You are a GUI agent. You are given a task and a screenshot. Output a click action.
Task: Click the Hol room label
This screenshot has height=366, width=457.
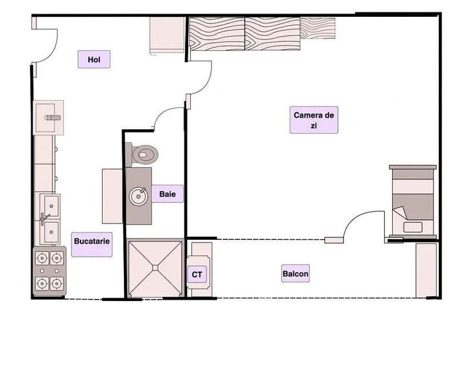point(94,59)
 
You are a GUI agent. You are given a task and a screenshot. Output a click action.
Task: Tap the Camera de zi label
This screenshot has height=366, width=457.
point(314,120)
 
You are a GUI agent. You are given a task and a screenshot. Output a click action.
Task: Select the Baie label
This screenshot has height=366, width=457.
point(167,194)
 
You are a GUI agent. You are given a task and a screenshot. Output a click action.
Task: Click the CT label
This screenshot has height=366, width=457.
point(197,274)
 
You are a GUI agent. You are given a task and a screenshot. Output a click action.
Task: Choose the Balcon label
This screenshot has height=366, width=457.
point(295,274)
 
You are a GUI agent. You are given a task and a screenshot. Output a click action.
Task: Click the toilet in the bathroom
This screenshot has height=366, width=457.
point(142,155)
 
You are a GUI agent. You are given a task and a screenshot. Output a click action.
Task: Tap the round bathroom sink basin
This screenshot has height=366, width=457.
point(138,196)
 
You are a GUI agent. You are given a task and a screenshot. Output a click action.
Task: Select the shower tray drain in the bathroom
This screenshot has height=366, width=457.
point(155,268)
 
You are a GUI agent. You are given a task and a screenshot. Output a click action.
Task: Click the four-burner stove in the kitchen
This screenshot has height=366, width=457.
point(49,271)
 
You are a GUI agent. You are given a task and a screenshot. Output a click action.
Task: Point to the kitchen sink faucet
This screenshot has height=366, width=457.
point(44,218)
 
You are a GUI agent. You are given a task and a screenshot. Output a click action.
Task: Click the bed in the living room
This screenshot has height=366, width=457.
point(413,202)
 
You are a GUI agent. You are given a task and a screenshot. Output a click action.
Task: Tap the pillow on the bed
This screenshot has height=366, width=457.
point(413,227)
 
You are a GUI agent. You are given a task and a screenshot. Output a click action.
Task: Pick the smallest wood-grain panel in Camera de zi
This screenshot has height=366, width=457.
point(317,29)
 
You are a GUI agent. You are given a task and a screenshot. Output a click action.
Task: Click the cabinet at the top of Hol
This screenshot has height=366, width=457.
point(167,36)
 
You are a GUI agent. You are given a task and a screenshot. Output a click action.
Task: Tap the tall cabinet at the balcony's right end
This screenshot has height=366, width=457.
point(426,270)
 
